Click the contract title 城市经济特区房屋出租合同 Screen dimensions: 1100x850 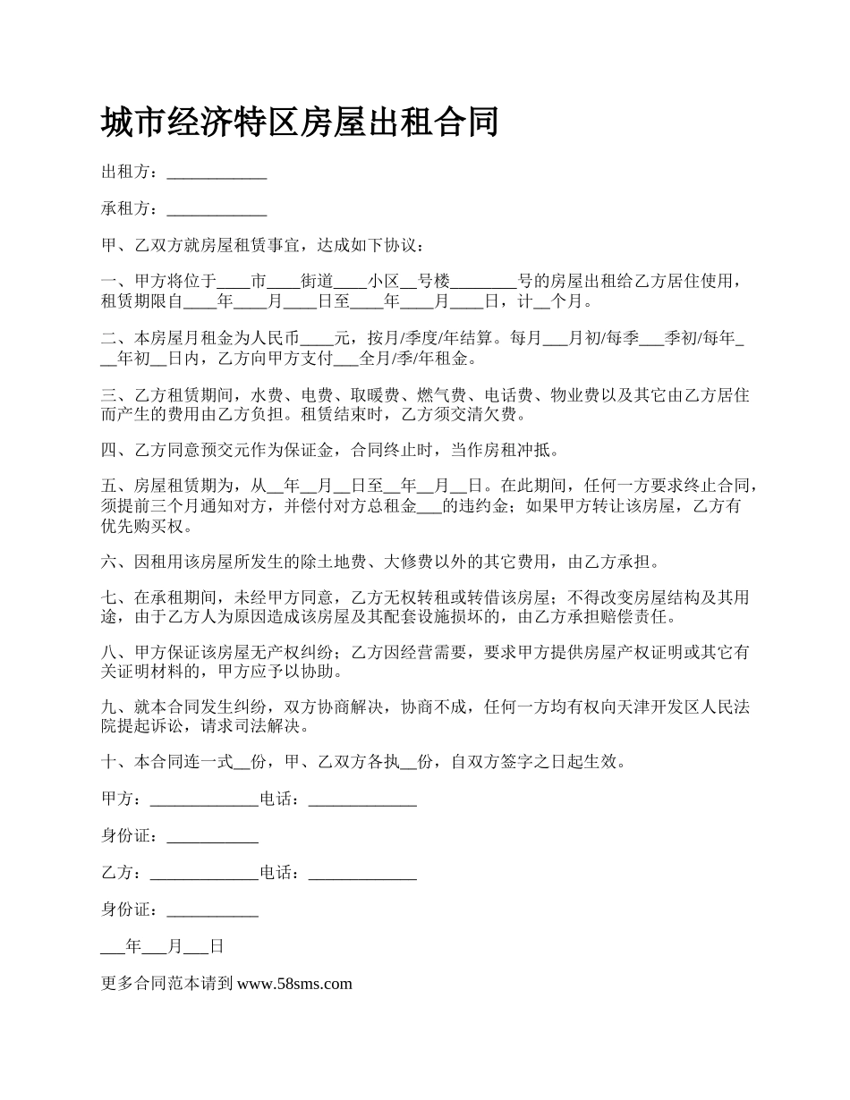pos(300,123)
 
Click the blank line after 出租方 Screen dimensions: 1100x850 pos(217,174)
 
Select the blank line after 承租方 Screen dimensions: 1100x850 pos(217,212)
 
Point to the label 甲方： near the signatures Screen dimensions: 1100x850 pos(122,800)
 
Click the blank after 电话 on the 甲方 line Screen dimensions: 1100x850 pos(362,801)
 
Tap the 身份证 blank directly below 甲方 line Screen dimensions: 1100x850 pos(213,839)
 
